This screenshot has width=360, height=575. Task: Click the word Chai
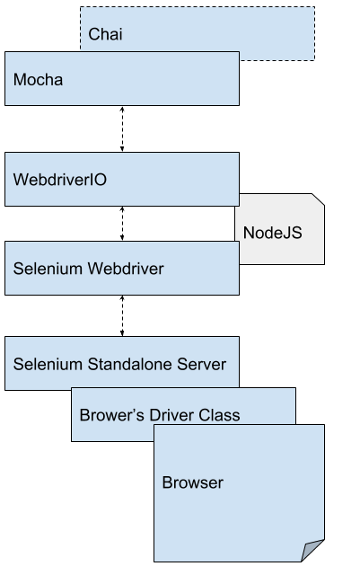(105, 35)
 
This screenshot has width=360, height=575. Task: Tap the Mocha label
(38, 79)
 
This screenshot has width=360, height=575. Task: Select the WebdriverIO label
(61, 179)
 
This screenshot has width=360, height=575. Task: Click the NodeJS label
(273, 232)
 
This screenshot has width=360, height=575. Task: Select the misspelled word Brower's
(107, 416)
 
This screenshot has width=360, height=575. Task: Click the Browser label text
(192, 482)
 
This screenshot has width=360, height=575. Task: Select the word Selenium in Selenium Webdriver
(46, 268)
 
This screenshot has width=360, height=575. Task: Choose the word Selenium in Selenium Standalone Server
(46, 364)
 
